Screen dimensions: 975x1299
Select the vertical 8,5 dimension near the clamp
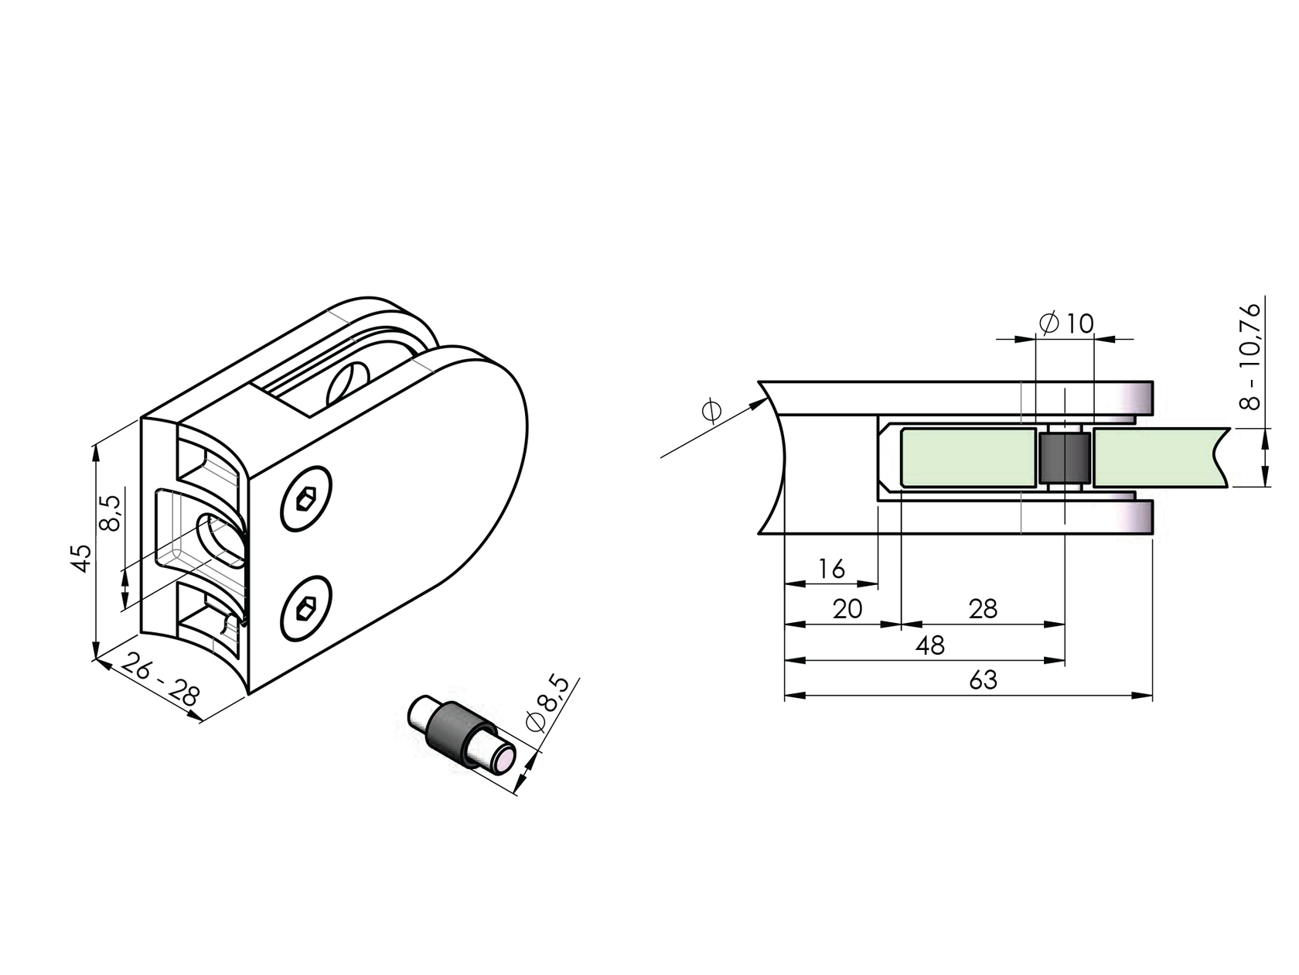click(111, 513)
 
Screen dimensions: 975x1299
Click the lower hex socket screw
click(305, 609)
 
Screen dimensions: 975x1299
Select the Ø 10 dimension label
click(1067, 323)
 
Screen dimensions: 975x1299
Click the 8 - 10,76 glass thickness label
click(1250, 356)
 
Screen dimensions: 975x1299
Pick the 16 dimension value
click(831, 570)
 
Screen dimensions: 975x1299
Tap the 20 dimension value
click(847, 610)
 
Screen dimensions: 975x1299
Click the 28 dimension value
click(983, 610)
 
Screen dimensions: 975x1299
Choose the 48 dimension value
click(931, 645)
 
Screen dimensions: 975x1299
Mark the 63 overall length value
click(983, 681)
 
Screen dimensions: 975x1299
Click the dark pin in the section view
click(1064, 458)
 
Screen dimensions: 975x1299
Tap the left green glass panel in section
click(967, 458)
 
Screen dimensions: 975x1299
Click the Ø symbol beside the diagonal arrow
click(711, 411)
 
